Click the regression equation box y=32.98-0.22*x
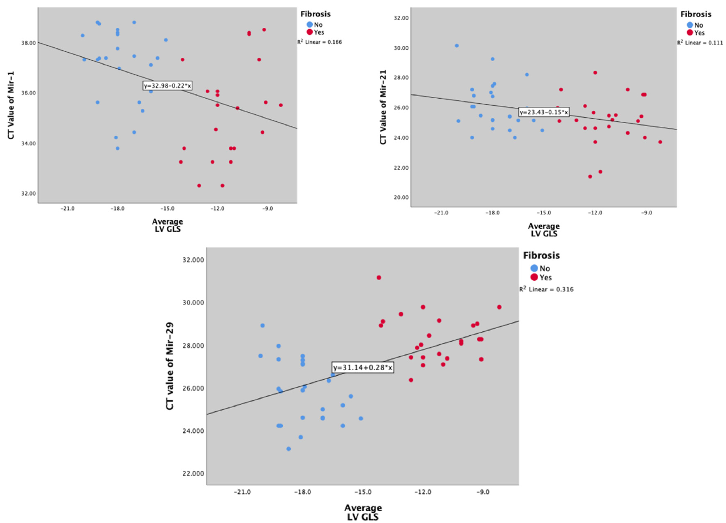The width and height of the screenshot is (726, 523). pos(167,85)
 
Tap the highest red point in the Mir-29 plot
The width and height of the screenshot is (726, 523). pos(379,277)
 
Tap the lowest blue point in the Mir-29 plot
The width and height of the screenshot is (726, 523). pos(288,449)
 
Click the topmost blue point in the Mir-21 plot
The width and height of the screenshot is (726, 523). pos(456,46)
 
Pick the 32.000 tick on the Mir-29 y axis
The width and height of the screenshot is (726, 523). pos(193,260)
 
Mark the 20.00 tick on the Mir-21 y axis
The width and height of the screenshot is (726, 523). pos(401,197)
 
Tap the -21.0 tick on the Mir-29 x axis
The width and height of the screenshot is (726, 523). pos(242,492)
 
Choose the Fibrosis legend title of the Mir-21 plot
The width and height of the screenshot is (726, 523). pos(696,14)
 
